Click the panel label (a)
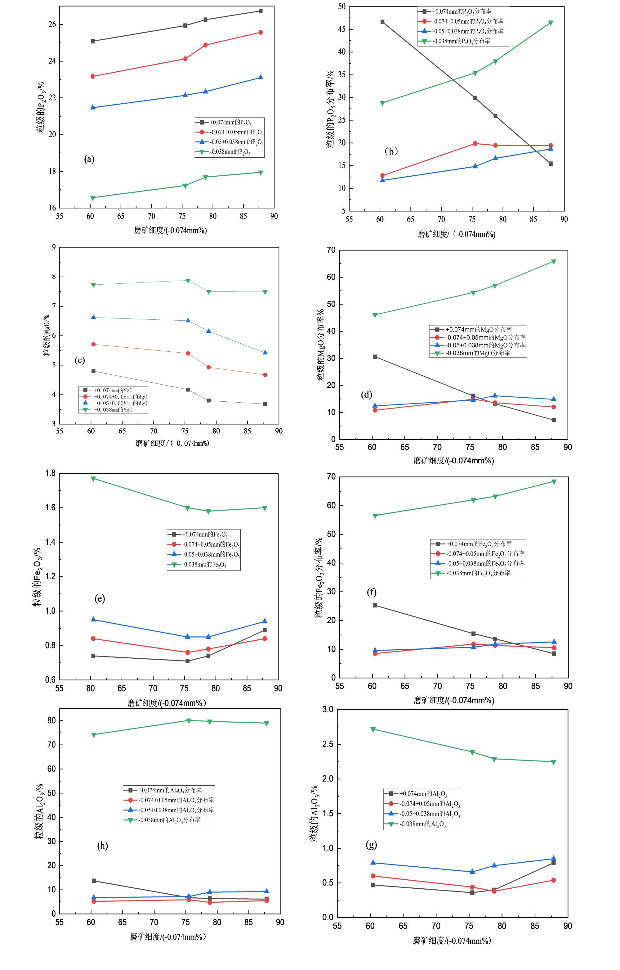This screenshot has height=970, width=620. coord(89,159)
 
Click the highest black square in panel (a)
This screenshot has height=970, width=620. coord(261,11)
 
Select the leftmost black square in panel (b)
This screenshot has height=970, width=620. coord(382,22)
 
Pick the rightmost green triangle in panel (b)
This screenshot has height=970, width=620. coord(550,23)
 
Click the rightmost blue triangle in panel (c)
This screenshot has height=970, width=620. coord(265,353)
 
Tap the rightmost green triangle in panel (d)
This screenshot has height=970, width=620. coord(554,262)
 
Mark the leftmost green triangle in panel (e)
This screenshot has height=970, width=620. coord(93,479)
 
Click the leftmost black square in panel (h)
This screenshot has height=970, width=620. coord(94,881)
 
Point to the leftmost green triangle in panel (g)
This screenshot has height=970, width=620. coord(373,729)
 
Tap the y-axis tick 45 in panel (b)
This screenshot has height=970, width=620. coord(342,29)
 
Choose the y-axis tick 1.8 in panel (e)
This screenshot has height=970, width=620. coord(50,473)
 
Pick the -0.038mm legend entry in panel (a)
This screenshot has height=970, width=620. coord(230,152)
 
